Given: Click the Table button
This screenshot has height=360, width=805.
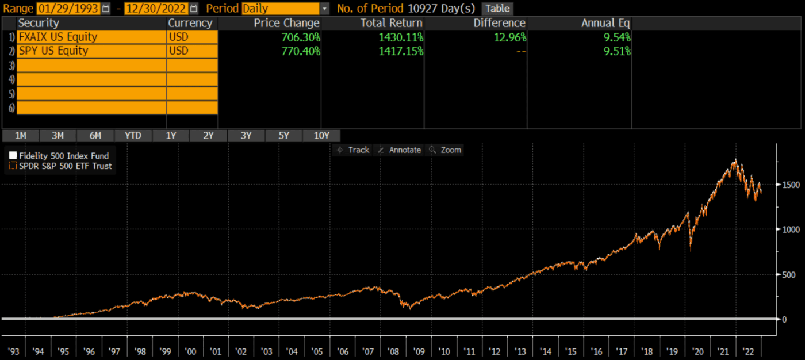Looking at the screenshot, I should pos(497,9).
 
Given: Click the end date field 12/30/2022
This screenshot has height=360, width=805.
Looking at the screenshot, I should pos(155,9).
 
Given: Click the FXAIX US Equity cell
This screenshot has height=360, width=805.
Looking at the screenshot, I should pos(91,37).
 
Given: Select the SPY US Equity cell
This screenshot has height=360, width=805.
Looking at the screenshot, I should pos(91,51).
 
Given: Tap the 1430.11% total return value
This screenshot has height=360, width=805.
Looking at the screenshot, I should pos(401,37).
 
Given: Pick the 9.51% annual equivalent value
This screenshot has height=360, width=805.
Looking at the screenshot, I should pos(616,51).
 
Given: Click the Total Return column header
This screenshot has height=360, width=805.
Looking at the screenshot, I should pos(392,23).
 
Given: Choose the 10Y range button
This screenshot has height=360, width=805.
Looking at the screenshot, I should pos(321,136).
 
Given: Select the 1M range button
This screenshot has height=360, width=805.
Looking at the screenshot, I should pos(21,136).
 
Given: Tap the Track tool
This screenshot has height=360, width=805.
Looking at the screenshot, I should pos(353,150).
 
